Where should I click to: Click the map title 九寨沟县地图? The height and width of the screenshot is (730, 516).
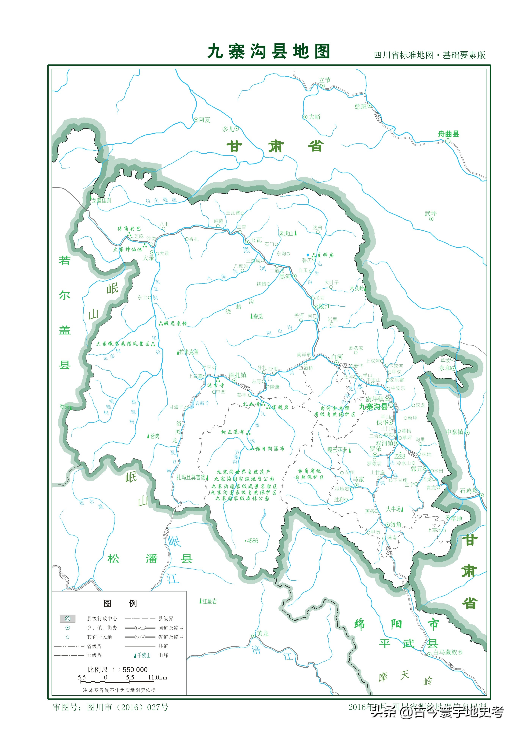tap(269, 52)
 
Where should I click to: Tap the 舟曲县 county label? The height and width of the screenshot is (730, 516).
tap(448, 134)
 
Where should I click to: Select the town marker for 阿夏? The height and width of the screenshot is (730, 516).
tap(196, 120)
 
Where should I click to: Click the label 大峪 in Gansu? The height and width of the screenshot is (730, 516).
tap(315, 117)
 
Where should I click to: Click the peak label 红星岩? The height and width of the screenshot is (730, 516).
tap(209, 601)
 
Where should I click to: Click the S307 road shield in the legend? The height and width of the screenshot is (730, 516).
tap(140, 637)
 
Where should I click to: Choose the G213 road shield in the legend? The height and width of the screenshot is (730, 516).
tap(140, 628)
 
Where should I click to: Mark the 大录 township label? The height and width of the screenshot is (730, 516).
tap(148, 258)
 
